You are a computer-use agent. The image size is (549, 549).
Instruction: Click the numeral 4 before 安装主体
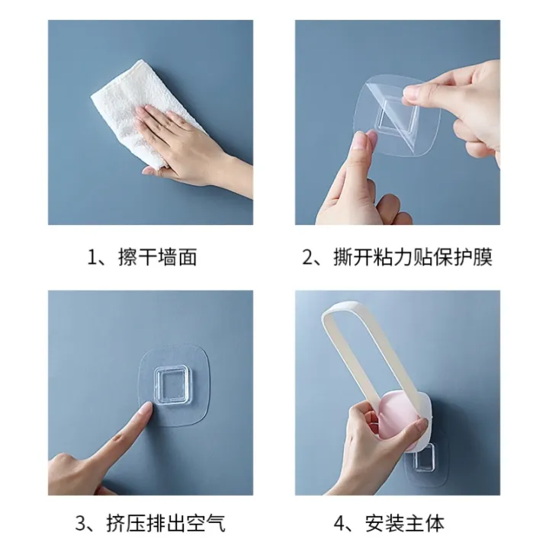341,524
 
